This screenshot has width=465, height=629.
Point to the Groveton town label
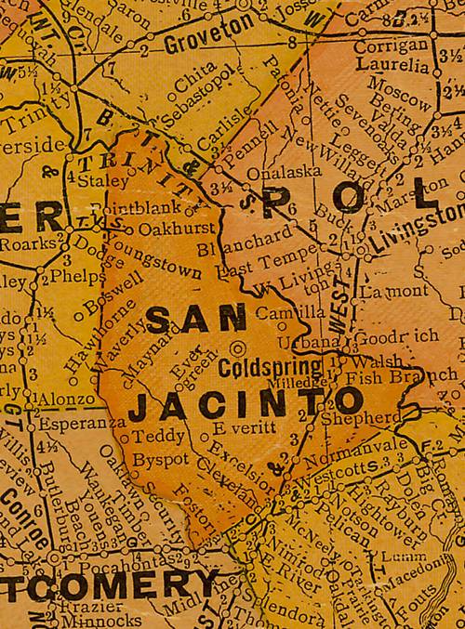click(x=204, y=43)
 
